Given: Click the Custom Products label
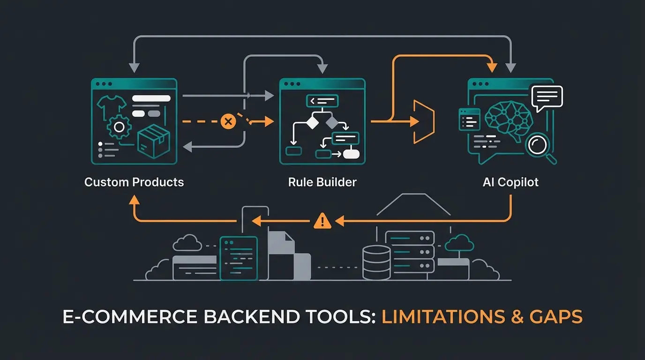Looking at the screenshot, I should (134, 182).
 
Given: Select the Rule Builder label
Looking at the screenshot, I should (322, 182).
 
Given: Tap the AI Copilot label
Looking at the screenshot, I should (510, 182).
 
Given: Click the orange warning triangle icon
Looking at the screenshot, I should (322, 220).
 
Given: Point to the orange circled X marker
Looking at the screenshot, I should (228, 122).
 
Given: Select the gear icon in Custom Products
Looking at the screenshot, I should (119, 127).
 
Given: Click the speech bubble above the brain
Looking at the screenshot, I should (547, 97).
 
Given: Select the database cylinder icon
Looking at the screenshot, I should (376, 263).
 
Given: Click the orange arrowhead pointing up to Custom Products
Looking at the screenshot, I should (134, 200).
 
